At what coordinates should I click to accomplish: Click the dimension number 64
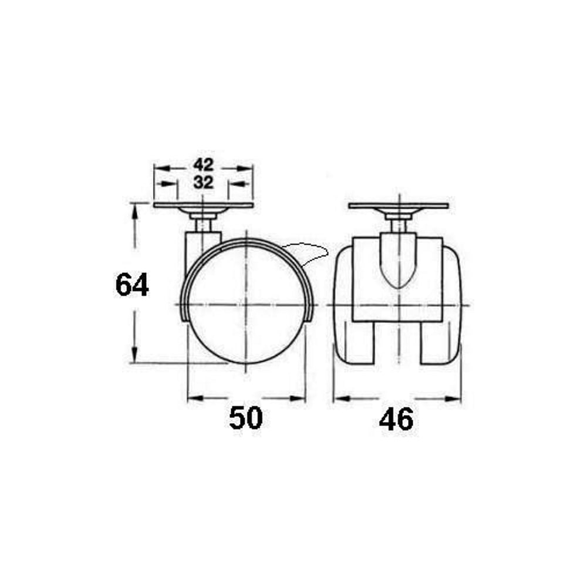coord(132,285)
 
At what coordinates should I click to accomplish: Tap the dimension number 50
coord(245,418)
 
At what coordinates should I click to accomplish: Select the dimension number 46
coord(396,419)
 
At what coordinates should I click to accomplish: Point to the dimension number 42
coord(203,164)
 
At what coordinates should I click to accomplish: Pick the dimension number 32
coord(203,183)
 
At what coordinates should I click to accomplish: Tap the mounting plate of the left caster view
coord(203,205)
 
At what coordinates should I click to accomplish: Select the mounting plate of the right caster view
coord(399,206)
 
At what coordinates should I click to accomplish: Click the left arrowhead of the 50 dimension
coord(195,398)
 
